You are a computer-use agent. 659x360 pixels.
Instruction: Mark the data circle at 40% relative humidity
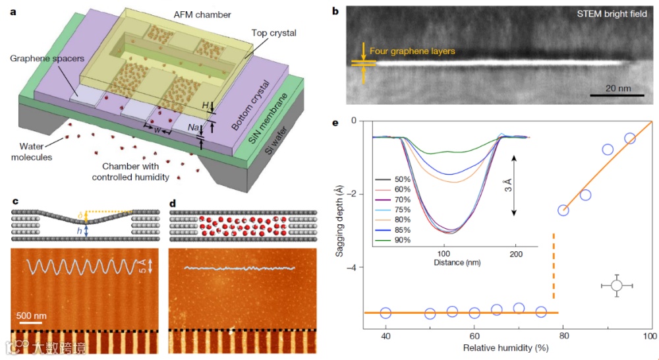point(386,313)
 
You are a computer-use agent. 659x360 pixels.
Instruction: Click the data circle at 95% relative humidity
point(629,138)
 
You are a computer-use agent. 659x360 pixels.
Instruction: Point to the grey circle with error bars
point(616,285)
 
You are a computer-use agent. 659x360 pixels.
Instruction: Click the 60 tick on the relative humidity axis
point(474,337)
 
